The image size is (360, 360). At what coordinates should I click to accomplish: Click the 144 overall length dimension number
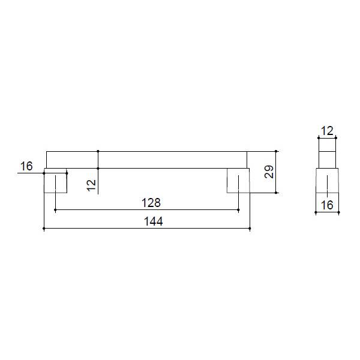pyautogui.click(x=154, y=221)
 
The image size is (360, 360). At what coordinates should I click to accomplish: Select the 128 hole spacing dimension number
pyautogui.click(x=151, y=203)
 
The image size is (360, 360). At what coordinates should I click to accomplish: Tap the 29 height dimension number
pyautogui.click(x=269, y=172)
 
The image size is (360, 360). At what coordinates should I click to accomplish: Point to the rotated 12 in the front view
pyautogui.click(x=91, y=185)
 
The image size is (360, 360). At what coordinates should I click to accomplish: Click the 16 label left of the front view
pyautogui.click(x=26, y=166)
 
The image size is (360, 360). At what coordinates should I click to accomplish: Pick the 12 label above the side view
pyautogui.click(x=327, y=131)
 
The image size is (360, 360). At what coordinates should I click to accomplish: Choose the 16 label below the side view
pyautogui.click(x=327, y=205)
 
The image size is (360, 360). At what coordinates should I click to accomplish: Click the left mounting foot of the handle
pyautogui.click(x=55, y=181)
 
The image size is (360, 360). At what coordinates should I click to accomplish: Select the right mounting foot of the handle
pyautogui.click(x=238, y=181)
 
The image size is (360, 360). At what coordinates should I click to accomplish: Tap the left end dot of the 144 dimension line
pyautogui.click(x=44, y=229)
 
